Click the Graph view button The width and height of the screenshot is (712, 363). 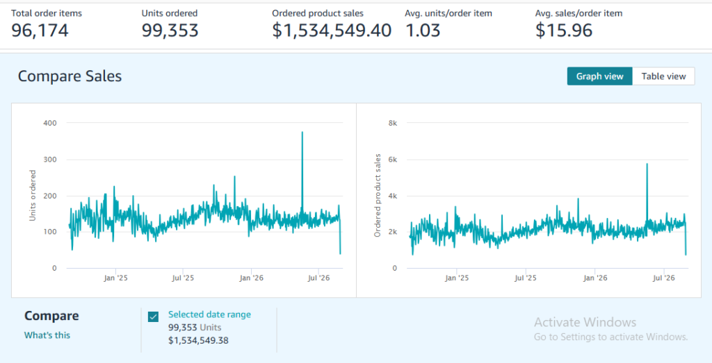(x=599, y=76)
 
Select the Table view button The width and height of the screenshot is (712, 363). (x=663, y=76)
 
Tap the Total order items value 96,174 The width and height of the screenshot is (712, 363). (x=40, y=31)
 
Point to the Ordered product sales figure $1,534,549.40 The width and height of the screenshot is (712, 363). (x=332, y=31)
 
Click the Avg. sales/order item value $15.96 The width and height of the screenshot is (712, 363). (x=563, y=31)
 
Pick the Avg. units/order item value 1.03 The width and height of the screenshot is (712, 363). (x=422, y=31)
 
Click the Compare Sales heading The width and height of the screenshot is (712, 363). (x=70, y=76)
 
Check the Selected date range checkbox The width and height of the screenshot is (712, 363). (x=154, y=316)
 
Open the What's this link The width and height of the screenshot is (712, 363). (x=47, y=335)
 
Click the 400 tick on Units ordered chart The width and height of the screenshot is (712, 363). (x=51, y=123)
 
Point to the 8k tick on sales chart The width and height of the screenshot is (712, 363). (x=392, y=123)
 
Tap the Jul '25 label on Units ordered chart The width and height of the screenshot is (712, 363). (x=183, y=278)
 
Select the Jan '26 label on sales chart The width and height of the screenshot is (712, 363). (x=595, y=278)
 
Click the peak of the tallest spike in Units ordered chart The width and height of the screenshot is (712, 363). (x=302, y=132)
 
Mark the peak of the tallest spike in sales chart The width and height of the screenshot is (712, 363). (x=647, y=164)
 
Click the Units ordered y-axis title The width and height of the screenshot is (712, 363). (x=32, y=195)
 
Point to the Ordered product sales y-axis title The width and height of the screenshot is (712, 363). (x=378, y=195)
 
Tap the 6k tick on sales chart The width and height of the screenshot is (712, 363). (x=392, y=160)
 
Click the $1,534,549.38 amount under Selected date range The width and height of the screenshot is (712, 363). (x=198, y=340)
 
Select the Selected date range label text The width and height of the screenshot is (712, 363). (x=209, y=314)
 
